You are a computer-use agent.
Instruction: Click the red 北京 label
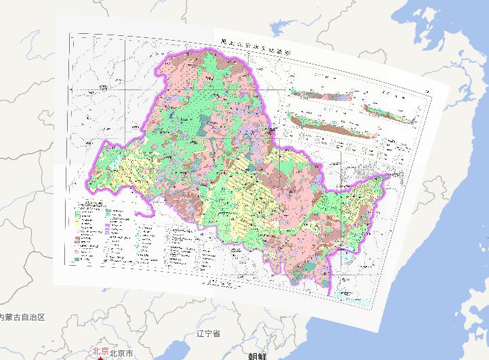tap(100, 351)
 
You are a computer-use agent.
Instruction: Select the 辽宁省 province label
tap(209, 333)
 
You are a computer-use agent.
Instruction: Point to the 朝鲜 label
tap(257, 355)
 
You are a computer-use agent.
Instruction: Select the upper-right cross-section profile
tap(388, 113)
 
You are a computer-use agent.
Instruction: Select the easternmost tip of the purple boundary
tap(391, 174)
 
